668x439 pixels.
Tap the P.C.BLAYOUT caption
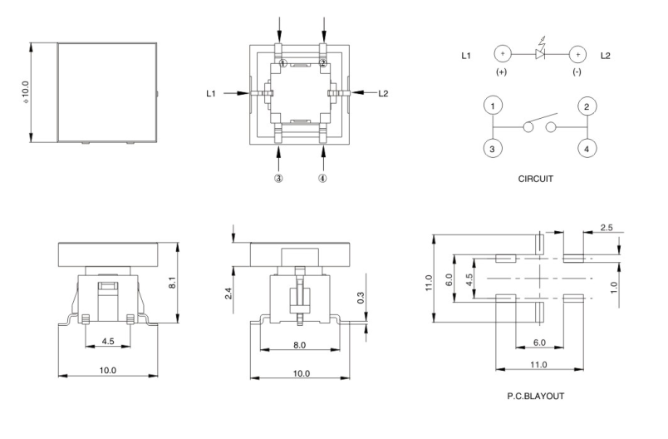(x=535, y=396)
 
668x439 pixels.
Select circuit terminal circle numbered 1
(x=494, y=107)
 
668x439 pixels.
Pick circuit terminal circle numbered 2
(x=586, y=107)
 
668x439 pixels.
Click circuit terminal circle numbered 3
(x=494, y=149)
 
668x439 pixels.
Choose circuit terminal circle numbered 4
(x=586, y=149)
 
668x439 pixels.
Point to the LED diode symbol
(x=540, y=55)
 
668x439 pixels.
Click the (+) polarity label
(x=502, y=73)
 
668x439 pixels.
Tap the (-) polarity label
(x=577, y=73)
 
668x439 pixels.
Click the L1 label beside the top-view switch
(x=212, y=93)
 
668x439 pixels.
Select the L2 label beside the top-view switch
(x=383, y=93)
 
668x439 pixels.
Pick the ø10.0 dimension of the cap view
(x=25, y=91)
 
